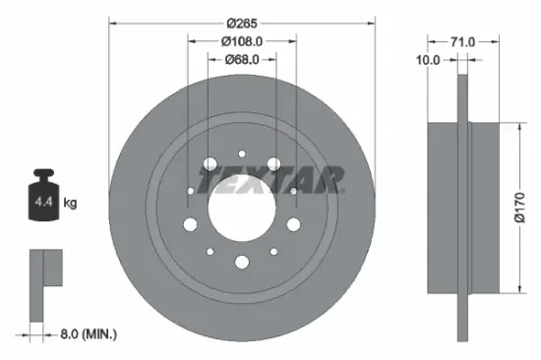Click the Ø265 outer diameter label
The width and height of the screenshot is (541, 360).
(241, 23)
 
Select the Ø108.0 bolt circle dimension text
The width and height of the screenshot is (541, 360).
(241, 41)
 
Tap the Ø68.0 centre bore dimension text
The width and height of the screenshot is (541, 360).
(241, 58)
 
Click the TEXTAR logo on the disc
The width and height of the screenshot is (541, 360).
(271, 179)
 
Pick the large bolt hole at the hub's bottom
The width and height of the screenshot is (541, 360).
(241, 261)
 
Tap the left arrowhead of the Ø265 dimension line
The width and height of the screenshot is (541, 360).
(111, 23)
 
